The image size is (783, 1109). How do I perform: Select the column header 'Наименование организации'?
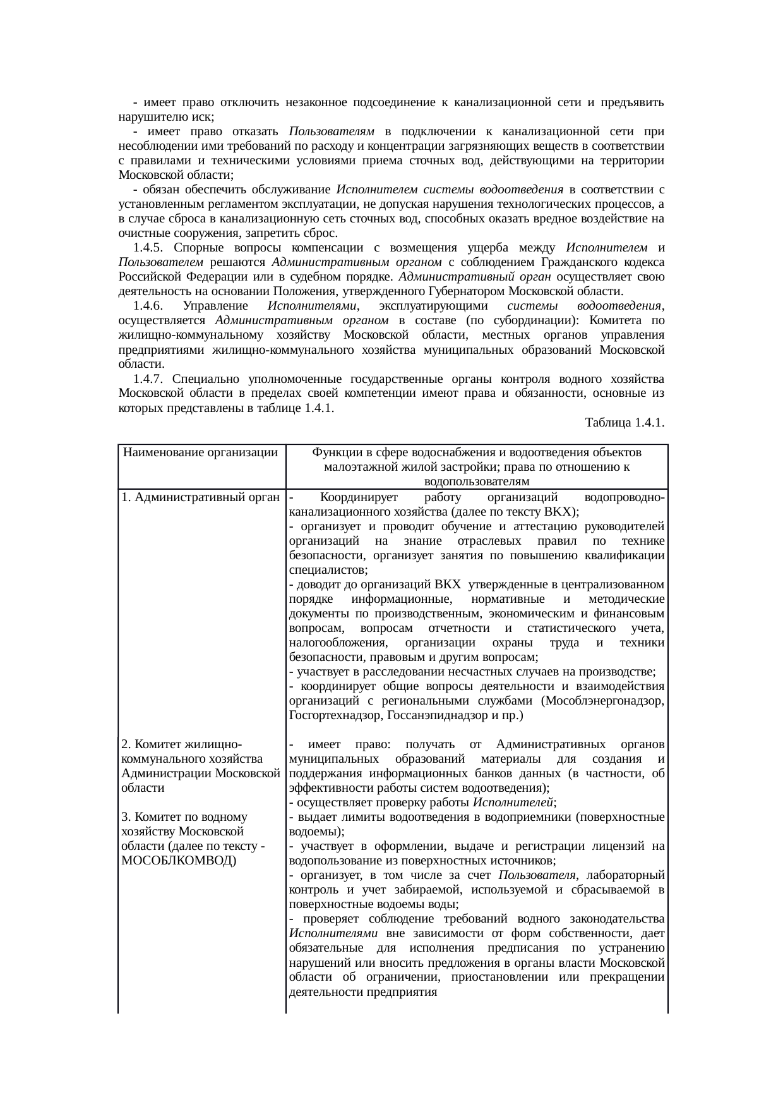pyautogui.click(x=201, y=452)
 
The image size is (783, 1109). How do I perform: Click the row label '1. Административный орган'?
pyautogui.click(x=201, y=497)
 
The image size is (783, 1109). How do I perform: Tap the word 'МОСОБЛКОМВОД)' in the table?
pyautogui.click(x=178, y=861)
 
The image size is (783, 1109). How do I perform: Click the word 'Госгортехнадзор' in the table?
pyautogui.click(x=328, y=716)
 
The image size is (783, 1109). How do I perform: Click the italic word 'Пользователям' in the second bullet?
pyautogui.click(x=332, y=131)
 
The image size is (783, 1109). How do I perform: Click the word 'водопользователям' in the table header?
pyautogui.click(x=477, y=482)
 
